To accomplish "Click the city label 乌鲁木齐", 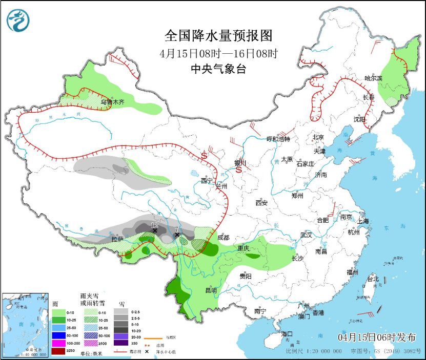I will coord(112,102).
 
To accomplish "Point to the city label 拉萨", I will coord(117,239).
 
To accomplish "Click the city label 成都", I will coord(224,238).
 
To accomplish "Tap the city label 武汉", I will coord(307,235).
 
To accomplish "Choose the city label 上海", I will coord(363,221).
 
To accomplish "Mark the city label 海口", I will coord(288,334).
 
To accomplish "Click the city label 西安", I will coord(261,203).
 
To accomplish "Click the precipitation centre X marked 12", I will coord(154,231).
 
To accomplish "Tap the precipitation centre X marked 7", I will coord(177,235).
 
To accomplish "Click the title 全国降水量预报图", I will coord(218,35).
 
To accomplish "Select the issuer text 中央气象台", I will coord(218,69).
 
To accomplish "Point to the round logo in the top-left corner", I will coord(18,20).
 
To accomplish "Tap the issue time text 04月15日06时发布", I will coord(377,337).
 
